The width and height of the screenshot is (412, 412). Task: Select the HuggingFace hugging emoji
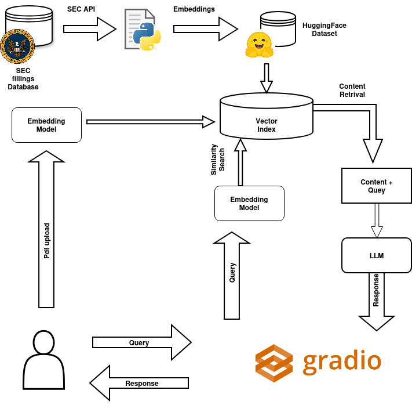pos(259,45)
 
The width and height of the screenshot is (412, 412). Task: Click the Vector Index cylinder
pos(267,120)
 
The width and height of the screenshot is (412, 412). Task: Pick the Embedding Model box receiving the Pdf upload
pos(46,125)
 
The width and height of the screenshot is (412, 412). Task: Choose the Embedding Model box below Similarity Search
pos(249,203)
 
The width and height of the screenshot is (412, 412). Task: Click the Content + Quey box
pos(376,186)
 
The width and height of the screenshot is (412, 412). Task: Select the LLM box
pos(376,255)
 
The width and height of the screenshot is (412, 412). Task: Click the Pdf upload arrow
pos(46,232)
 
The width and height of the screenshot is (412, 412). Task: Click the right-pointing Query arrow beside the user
pos(141,342)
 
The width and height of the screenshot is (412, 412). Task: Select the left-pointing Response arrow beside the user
pos(139,383)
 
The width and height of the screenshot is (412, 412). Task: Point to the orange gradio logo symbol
pos(274,363)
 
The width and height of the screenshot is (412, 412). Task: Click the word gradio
pos(342,361)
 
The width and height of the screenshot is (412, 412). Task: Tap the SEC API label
pos(81,9)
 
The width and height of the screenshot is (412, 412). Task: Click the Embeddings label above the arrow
pos(194,9)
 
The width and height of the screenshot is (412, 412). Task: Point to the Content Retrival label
pos(352,91)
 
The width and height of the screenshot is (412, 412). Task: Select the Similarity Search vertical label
pos(217,159)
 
